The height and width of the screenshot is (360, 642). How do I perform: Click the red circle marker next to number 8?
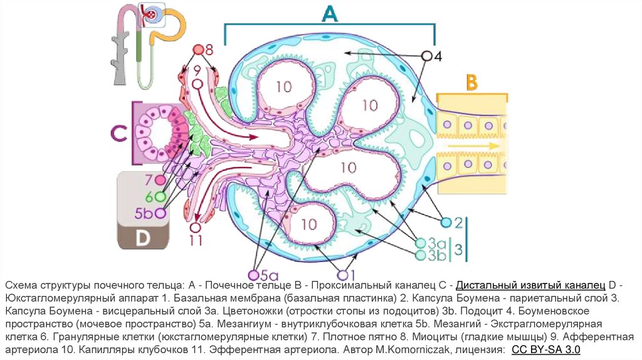click(x=198, y=49)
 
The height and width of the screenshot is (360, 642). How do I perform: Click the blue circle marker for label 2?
click(x=446, y=223)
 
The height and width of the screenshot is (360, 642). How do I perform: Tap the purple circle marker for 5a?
click(x=253, y=275)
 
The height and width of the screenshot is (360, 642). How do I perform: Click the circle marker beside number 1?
click(x=342, y=275)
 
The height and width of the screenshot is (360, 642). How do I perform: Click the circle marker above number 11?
click(x=196, y=228)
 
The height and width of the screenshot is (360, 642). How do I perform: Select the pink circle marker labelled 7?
click(x=160, y=181)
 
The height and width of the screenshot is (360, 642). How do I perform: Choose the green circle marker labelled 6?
click(x=160, y=196)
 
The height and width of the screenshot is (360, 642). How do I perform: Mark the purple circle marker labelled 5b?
click(x=160, y=213)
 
